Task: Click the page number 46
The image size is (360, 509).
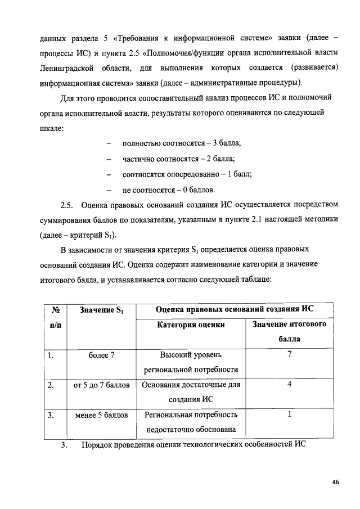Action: [335, 482]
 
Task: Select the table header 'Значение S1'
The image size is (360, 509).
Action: [101, 309]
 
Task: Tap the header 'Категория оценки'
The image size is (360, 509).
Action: [191, 325]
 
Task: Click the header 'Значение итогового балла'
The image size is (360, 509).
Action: [289, 331]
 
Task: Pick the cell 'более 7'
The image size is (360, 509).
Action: [101, 355]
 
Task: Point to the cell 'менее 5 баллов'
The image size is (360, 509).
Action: [101, 415]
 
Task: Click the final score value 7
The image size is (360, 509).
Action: [289, 355]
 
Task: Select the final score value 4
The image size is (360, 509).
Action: [289, 385]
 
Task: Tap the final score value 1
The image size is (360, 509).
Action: [289, 415]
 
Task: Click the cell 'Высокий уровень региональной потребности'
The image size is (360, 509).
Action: [191, 362]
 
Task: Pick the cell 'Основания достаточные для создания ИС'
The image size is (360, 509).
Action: [191, 392]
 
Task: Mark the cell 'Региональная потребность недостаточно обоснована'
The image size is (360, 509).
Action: [191, 422]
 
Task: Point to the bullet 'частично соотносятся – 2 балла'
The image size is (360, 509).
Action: [179, 159]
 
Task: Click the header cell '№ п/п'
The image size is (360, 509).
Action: [56, 317]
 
